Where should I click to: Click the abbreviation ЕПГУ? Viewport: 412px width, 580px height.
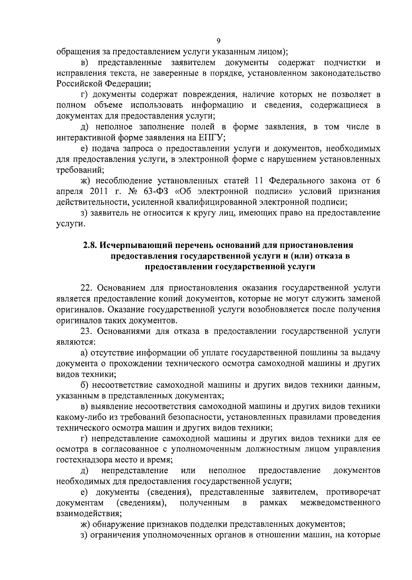(211, 138)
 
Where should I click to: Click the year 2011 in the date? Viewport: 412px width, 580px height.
(97, 191)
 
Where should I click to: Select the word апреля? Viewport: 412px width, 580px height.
(70, 191)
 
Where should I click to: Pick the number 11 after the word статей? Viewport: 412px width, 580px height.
(259, 181)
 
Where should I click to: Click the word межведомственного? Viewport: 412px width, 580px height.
(340, 503)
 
